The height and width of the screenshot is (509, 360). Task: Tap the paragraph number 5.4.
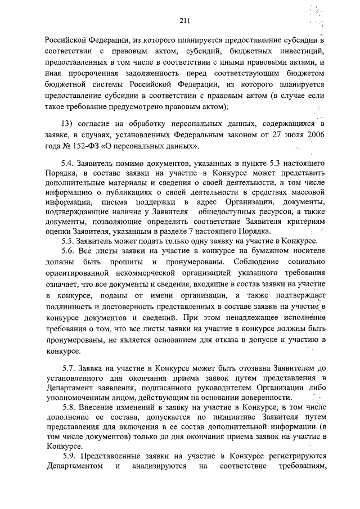click(70, 162)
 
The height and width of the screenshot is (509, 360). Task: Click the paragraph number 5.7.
click(71, 369)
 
